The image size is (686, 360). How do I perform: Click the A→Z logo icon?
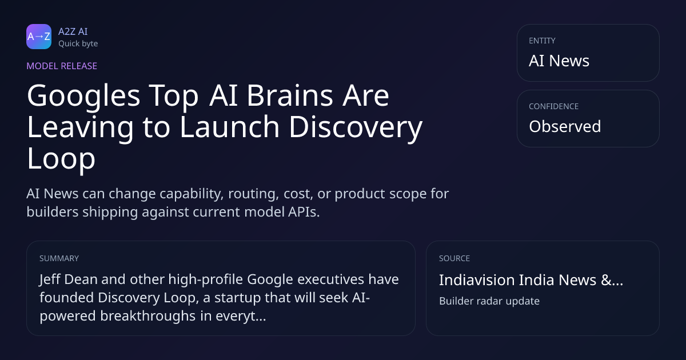pos(39,37)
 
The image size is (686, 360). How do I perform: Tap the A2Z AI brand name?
pos(73,31)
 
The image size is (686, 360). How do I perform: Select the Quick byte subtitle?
pos(78,44)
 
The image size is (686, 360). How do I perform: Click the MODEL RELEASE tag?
pos(62,66)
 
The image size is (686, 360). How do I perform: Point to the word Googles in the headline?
pos(83,97)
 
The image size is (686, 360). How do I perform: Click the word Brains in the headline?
pos(290,95)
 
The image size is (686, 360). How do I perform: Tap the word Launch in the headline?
pos(229,127)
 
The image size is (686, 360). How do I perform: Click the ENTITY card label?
pos(542,41)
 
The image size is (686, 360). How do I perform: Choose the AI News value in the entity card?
pos(559,61)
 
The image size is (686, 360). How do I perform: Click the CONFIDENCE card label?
pos(554,106)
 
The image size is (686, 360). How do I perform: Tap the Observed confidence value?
pos(565,126)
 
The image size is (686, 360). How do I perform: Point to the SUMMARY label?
pos(59,258)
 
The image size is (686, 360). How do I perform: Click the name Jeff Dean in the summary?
pos(68,279)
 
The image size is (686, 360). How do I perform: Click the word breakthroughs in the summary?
pos(148,315)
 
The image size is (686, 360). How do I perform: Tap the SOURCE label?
pos(454,258)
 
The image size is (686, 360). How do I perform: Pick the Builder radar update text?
pos(489,301)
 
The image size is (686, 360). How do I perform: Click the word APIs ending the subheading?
pos(304,212)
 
